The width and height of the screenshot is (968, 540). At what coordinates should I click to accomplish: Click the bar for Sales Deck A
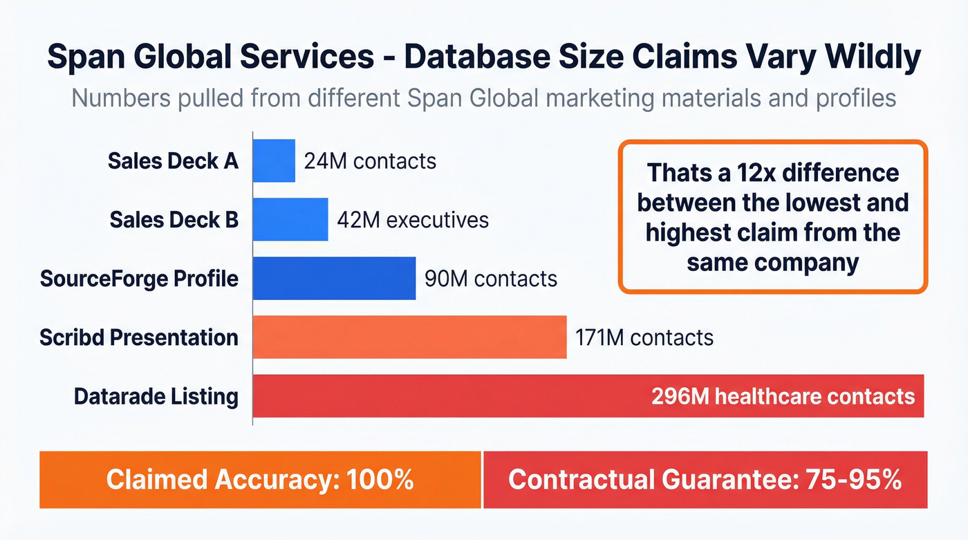(x=274, y=161)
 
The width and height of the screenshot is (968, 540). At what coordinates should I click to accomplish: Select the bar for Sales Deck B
(x=290, y=220)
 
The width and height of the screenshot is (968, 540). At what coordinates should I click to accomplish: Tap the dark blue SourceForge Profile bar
(x=334, y=279)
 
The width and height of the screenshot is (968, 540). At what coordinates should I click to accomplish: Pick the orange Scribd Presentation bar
(x=409, y=337)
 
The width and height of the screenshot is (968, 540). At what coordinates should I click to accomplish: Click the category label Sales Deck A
(x=173, y=161)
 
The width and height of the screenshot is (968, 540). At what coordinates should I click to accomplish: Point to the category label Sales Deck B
(x=174, y=220)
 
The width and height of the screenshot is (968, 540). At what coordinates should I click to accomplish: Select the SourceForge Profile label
(x=139, y=279)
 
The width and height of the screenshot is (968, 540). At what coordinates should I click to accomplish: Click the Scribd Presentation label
(x=139, y=337)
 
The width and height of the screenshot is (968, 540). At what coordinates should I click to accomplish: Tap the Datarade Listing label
(x=156, y=397)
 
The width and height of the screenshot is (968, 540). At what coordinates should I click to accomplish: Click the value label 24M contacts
(x=370, y=161)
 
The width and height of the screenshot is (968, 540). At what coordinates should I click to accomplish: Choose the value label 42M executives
(x=413, y=220)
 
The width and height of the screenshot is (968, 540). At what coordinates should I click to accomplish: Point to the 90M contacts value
(x=490, y=279)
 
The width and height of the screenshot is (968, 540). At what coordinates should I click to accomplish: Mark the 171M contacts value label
(x=644, y=337)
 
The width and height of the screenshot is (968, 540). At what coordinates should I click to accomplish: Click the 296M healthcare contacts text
(x=783, y=397)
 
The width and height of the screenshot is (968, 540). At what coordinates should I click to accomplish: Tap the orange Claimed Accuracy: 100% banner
(x=260, y=480)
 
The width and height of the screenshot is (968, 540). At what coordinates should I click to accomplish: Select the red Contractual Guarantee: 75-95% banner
(x=705, y=480)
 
